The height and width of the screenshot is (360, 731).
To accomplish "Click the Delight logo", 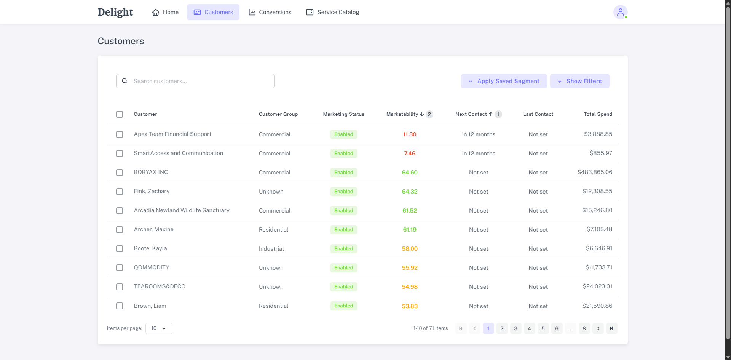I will [115, 12].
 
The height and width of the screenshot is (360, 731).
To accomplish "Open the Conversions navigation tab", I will [270, 12].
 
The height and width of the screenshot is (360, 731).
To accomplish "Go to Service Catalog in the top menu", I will [333, 12].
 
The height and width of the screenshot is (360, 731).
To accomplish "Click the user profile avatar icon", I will [620, 12].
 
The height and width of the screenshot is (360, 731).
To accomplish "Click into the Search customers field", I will [202, 81].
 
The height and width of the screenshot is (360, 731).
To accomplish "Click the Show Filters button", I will [579, 81].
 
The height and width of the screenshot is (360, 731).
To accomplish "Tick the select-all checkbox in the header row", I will [120, 114].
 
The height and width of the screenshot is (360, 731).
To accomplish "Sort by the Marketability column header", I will [402, 114].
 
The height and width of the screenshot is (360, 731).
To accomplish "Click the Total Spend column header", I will [598, 114].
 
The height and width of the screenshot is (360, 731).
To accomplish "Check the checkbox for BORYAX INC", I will [120, 173].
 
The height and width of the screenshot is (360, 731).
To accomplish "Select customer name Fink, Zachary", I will [152, 191].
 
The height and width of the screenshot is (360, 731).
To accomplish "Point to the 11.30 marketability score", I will [410, 134].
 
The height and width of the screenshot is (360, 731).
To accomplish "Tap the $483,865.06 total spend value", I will [595, 172].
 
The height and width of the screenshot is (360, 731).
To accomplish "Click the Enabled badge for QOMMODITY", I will [343, 268].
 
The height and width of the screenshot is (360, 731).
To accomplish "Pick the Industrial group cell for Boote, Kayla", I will [271, 249].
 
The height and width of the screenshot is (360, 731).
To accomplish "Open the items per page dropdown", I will [159, 328].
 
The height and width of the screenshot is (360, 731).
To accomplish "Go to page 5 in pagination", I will [543, 328].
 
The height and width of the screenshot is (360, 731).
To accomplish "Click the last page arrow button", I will [611, 328].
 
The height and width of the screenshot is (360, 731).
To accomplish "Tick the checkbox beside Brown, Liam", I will [120, 306].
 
